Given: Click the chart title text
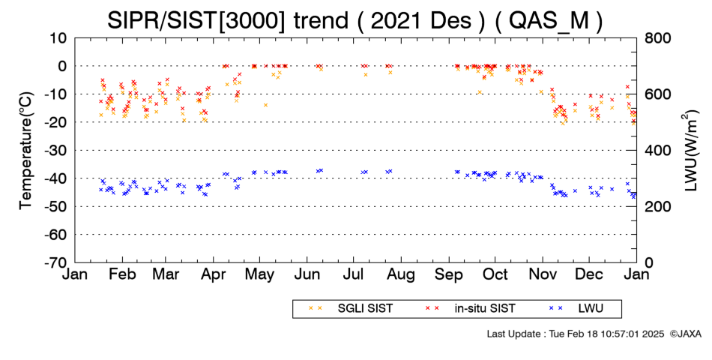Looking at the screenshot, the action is pyautogui.click(x=355, y=20).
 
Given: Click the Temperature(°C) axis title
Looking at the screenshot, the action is pyautogui.click(x=27, y=151).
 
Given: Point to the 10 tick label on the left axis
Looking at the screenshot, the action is pyautogui.click(x=58, y=38).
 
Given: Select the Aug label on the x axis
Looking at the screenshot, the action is pyautogui.click(x=402, y=275).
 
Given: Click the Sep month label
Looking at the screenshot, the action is pyautogui.click(x=449, y=275).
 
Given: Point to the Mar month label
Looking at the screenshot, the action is pyautogui.click(x=166, y=275).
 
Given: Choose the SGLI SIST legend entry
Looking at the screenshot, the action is pyautogui.click(x=351, y=309).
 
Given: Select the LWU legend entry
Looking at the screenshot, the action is pyautogui.click(x=576, y=309).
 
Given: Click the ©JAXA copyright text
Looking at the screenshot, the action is pyautogui.click(x=686, y=334).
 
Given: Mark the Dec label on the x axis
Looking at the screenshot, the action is pyautogui.click(x=589, y=275).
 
